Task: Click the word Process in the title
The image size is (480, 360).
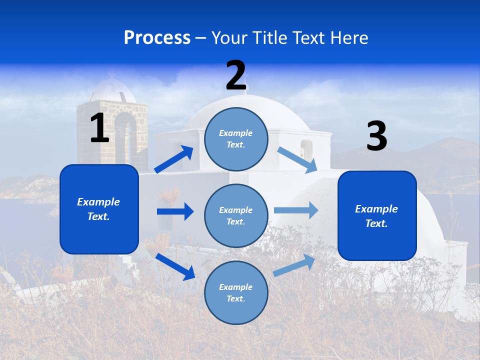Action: point(157,38)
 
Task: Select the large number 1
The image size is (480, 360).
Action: point(99,128)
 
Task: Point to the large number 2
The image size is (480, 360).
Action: point(236,75)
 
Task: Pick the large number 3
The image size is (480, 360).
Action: point(377,136)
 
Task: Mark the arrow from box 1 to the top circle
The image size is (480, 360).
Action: point(174,159)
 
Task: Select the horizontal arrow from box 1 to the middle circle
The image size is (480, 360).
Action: point(175,211)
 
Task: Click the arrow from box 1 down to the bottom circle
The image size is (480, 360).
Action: point(175,266)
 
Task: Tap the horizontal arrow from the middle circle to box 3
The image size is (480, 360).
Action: point(295,210)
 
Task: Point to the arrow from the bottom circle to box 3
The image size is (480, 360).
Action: point(294,265)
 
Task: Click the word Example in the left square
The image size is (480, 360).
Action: point(98,202)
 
